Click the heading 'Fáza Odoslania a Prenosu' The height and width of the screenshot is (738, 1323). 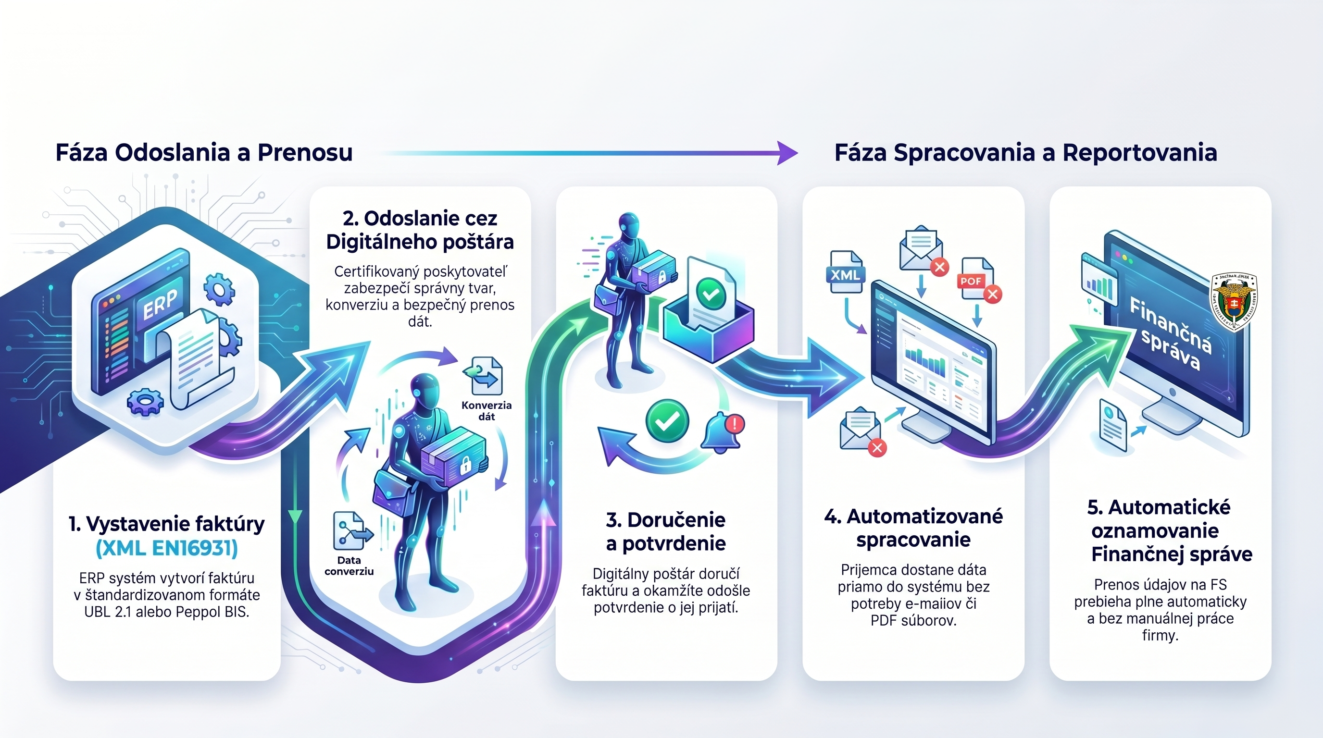(204, 153)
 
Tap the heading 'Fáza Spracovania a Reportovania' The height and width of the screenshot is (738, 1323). (1025, 153)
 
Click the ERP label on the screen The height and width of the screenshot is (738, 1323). (160, 304)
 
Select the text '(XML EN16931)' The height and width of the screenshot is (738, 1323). (166, 549)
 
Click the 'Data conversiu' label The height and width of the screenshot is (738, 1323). (349, 566)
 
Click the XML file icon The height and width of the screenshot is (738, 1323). (845, 273)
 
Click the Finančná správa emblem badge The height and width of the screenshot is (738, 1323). (1234, 301)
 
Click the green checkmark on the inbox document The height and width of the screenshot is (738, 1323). (710, 293)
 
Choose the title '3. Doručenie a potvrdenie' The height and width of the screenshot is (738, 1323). (666, 532)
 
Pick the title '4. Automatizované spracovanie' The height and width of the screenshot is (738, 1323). (913, 528)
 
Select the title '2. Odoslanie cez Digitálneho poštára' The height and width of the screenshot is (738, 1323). (420, 230)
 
